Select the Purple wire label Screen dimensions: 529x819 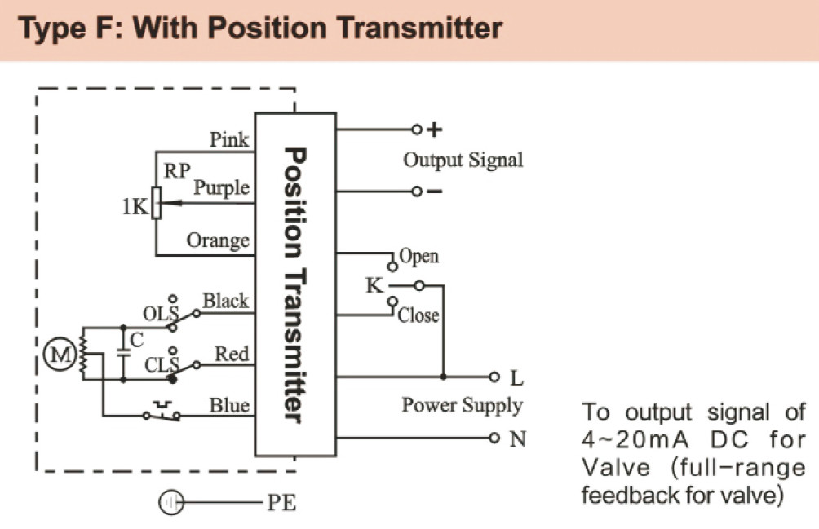coord(221,188)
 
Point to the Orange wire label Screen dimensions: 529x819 coord(218,240)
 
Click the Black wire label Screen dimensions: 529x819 coord(225,301)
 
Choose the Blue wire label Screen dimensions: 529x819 coord(229,405)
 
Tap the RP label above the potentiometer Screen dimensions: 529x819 coord(178,171)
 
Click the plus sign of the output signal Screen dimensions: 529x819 coord(435,129)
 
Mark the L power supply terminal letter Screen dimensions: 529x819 coord(516,379)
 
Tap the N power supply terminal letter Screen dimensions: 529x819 coord(517,439)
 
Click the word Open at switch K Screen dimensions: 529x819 coord(418,257)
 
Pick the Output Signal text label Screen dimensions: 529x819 coord(463,160)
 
